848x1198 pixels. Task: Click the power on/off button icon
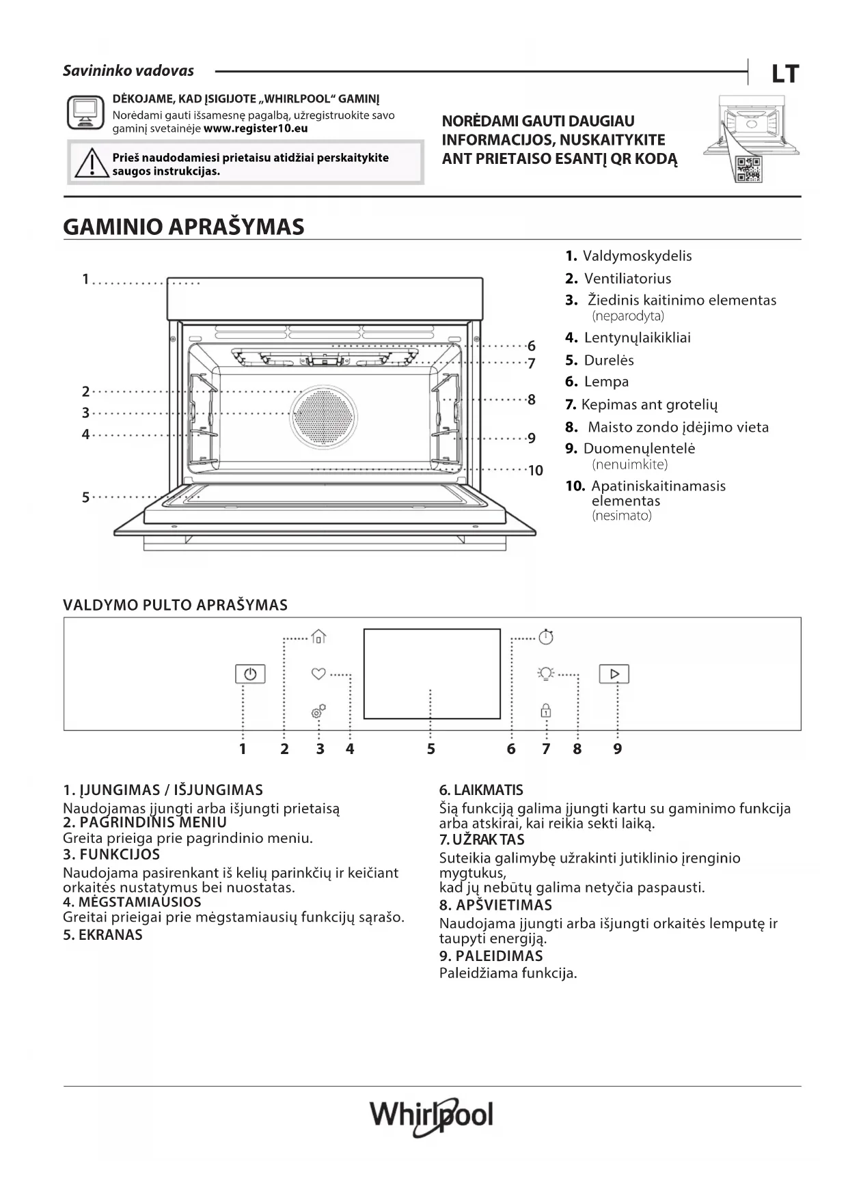[250, 674]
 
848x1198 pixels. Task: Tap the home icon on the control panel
[318, 637]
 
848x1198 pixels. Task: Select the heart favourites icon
[318, 673]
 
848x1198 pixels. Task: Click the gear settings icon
[318, 712]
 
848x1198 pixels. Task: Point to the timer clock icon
[546, 637]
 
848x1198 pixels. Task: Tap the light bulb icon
[545, 674]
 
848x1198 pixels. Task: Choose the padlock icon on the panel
[546, 710]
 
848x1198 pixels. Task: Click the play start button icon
[614, 674]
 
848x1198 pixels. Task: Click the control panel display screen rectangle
[432, 673]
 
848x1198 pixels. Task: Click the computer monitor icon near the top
[85, 112]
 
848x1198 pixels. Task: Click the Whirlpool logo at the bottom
[431, 1116]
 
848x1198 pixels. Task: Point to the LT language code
[784, 74]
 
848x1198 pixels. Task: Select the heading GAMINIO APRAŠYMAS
[184, 227]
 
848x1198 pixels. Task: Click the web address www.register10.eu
[256, 128]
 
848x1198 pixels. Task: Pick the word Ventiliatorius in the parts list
[627, 279]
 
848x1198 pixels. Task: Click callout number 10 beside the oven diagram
[535, 471]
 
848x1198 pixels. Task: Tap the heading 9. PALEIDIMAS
[491, 956]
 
